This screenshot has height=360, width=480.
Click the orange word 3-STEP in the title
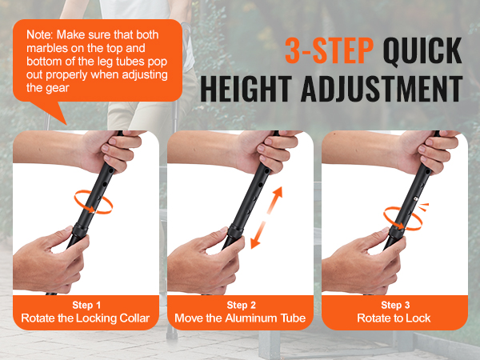(329, 50)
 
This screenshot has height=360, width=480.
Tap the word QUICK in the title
(422, 50)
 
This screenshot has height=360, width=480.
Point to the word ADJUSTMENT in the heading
(382, 89)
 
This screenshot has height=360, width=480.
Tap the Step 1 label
(86, 305)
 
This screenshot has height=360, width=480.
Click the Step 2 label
(241, 305)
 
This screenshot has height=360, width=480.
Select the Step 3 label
(395, 305)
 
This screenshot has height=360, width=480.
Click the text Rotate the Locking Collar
(86, 318)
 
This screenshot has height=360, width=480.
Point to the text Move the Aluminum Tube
(240, 318)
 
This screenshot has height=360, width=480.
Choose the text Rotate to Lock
(394, 318)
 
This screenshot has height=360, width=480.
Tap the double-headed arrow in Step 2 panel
(266, 218)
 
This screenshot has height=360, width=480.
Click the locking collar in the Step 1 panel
(80, 230)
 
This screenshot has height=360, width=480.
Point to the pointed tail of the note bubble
(66, 125)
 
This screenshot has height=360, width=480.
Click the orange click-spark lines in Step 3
(424, 207)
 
